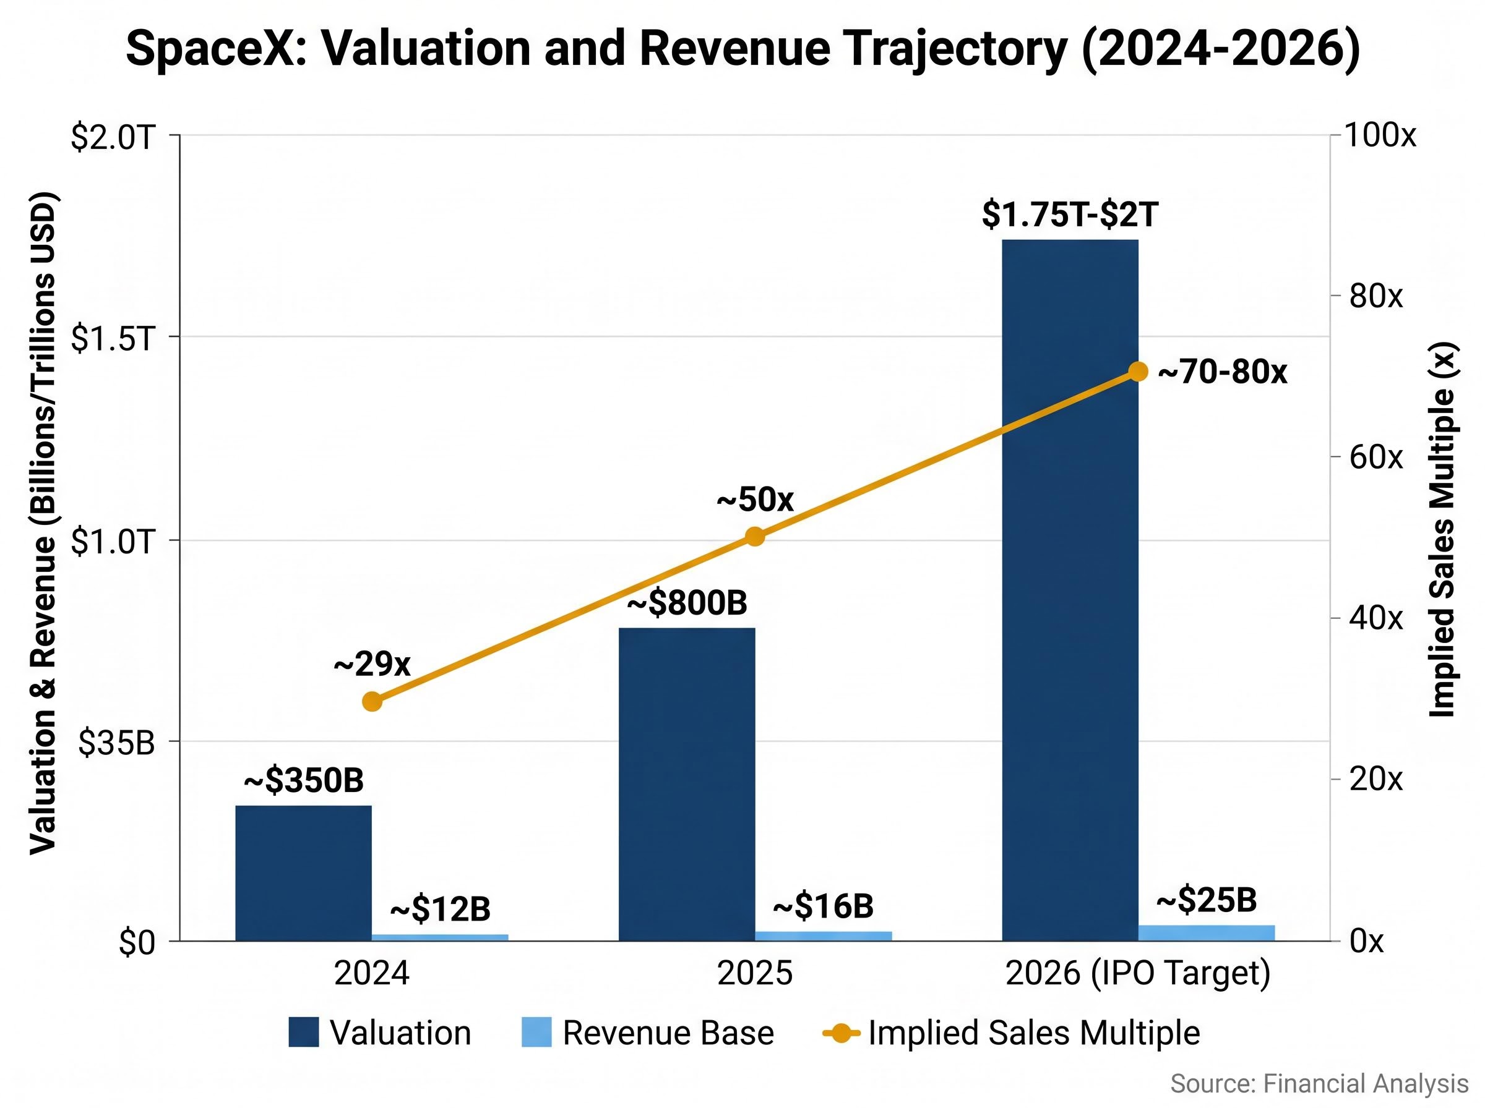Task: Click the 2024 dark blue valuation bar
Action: (303, 872)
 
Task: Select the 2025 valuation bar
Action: (686, 784)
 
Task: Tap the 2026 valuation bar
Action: (1070, 590)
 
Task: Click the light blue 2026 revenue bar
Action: (1206, 933)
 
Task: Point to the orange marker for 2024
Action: (372, 702)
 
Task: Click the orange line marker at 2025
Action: (755, 537)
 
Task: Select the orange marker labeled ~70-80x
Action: (1137, 372)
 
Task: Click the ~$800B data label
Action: (686, 602)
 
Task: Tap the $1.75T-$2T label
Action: (1070, 215)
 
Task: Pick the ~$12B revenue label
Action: (440, 909)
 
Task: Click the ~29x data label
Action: (372, 664)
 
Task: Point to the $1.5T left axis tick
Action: (113, 339)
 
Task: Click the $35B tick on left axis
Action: (116, 743)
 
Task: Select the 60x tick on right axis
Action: (1375, 458)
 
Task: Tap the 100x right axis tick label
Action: (1380, 135)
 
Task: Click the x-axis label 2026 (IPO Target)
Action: (1137, 973)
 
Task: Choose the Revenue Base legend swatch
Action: (536, 1032)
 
